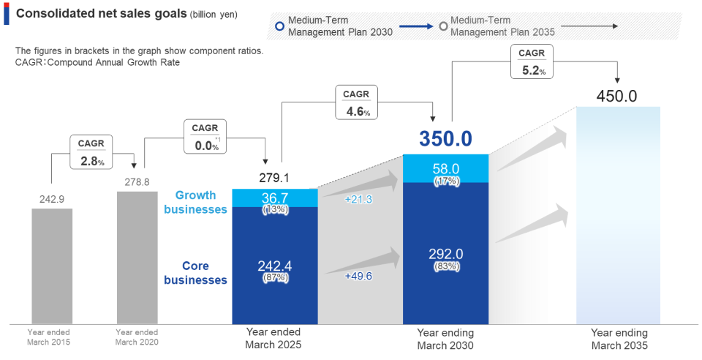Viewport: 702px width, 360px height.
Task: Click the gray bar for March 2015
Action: (x=52, y=266)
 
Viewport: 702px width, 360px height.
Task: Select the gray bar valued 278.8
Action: (x=137, y=257)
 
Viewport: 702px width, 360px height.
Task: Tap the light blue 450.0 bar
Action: (x=618, y=214)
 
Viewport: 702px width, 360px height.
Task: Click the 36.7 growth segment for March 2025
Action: (x=275, y=198)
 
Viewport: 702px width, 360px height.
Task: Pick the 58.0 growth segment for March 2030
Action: (x=445, y=169)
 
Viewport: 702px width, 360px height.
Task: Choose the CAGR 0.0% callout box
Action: (x=205, y=137)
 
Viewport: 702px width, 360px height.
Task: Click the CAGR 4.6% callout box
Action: (x=356, y=103)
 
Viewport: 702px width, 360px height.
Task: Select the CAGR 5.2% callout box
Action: (x=532, y=61)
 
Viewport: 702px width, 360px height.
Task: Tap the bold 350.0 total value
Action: (x=445, y=138)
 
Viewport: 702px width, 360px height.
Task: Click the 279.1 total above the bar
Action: (x=274, y=178)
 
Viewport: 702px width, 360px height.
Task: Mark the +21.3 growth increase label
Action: (x=358, y=199)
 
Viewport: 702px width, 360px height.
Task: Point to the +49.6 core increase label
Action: (x=358, y=276)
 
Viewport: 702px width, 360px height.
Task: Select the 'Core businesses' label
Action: (x=195, y=272)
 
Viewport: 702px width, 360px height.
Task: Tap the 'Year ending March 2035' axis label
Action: (x=619, y=339)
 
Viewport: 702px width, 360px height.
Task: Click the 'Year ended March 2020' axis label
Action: (x=137, y=337)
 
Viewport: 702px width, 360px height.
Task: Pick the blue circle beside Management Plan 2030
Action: (x=279, y=26)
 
